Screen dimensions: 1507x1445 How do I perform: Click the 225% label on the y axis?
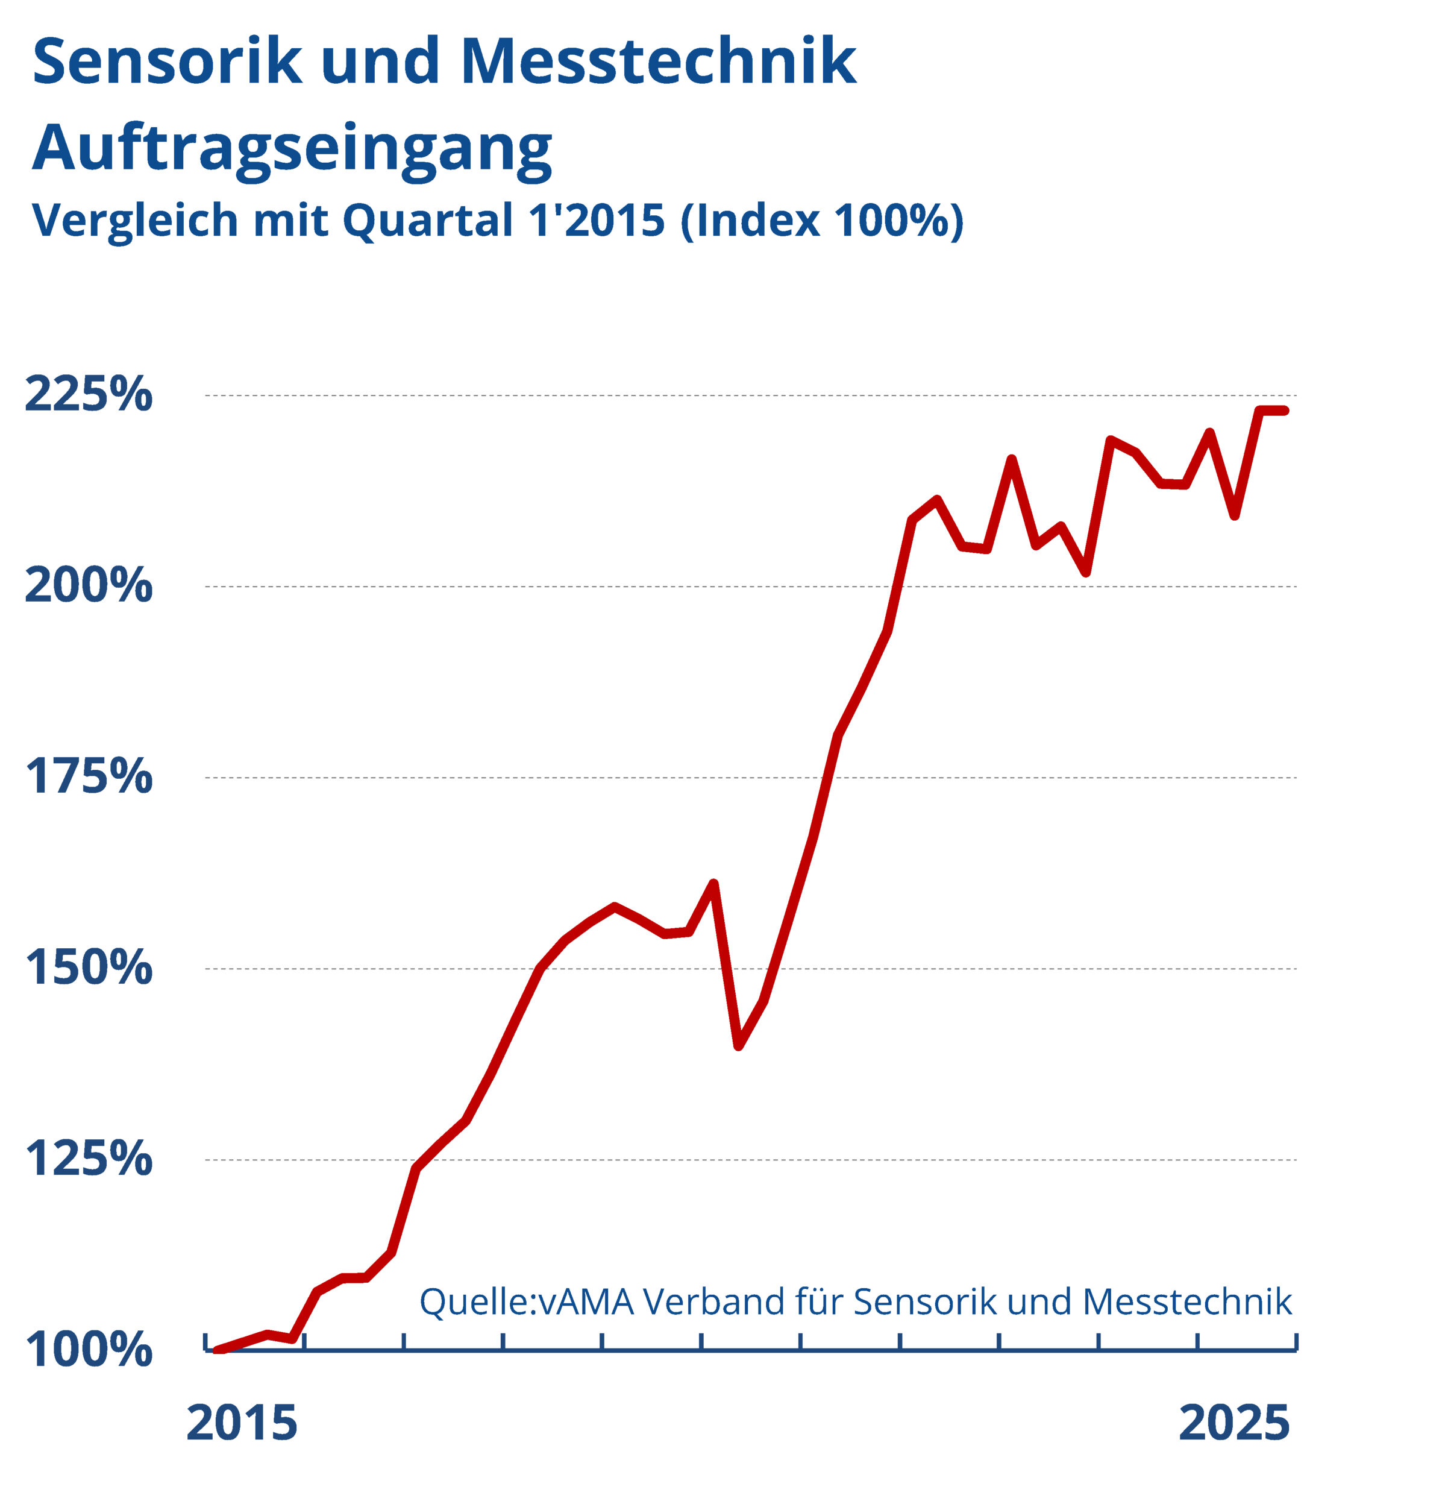click(x=89, y=395)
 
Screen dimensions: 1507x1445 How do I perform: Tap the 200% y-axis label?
click(x=89, y=586)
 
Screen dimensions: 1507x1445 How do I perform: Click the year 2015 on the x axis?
click(x=242, y=1423)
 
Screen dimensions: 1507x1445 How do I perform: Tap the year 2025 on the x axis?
click(x=1233, y=1423)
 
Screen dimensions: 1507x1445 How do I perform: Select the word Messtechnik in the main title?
click(x=658, y=61)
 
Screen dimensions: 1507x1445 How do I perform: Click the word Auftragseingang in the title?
click(x=292, y=148)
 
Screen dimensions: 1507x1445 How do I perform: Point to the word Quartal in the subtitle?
click(x=427, y=221)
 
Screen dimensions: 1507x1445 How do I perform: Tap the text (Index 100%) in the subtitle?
click(x=821, y=221)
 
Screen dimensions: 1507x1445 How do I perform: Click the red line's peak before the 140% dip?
click(x=713, y=884)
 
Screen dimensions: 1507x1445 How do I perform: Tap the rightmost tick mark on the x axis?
click(x=1296, y=1341)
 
